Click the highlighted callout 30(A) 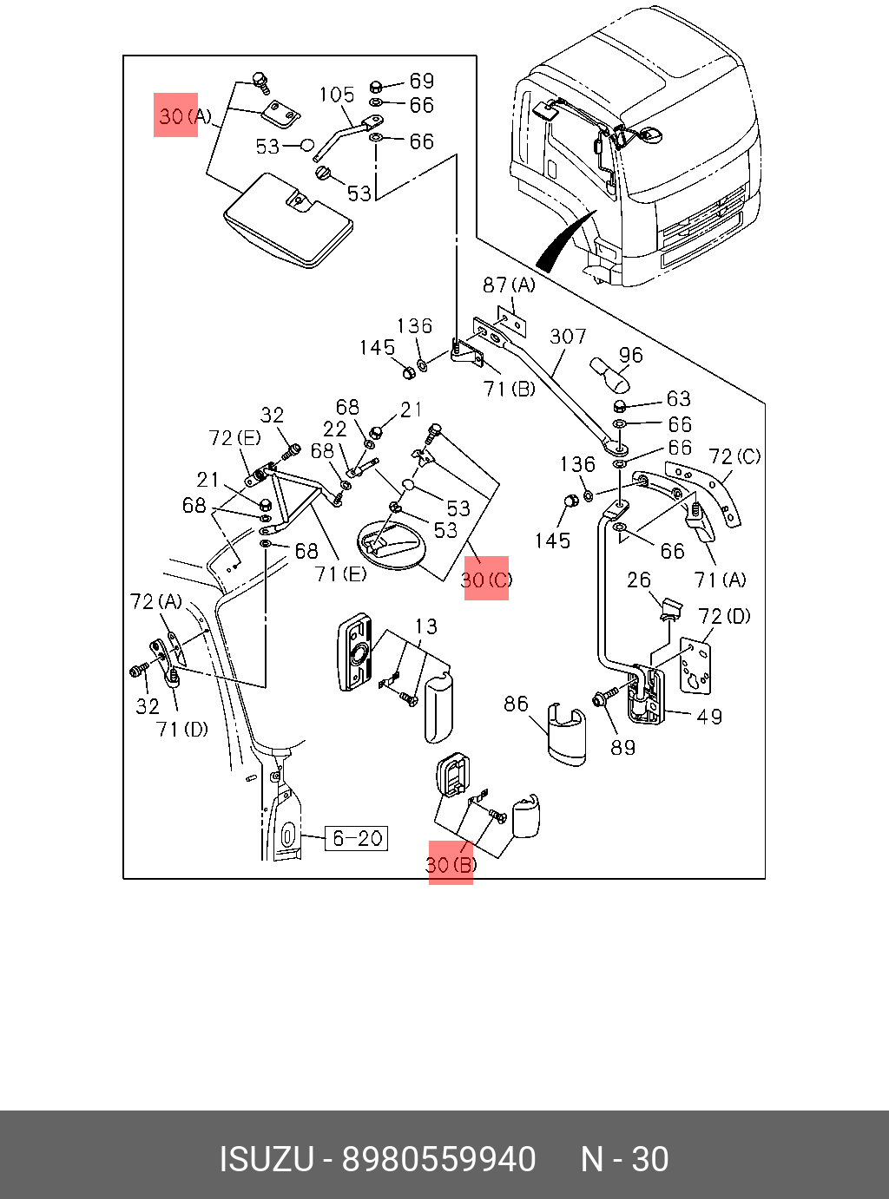click(176, 115)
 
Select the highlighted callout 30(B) click(451, 864)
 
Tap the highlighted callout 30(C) click(486, 579)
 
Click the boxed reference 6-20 click(357, 838)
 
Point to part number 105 click(337, 95)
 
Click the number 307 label click(568, 336)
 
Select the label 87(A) click(510, 285)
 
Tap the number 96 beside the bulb click(631, 355)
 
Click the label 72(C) click(734, 456)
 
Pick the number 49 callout click(709, 717)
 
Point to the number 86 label click(516, 704)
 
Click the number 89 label click(622, 747)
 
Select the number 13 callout click(426, 626)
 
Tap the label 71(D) click(182, 729)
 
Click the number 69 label click(422, 81)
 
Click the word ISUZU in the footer click(266, 1159)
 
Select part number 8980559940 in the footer click(438, 1159)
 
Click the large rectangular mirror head click(289, 222)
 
